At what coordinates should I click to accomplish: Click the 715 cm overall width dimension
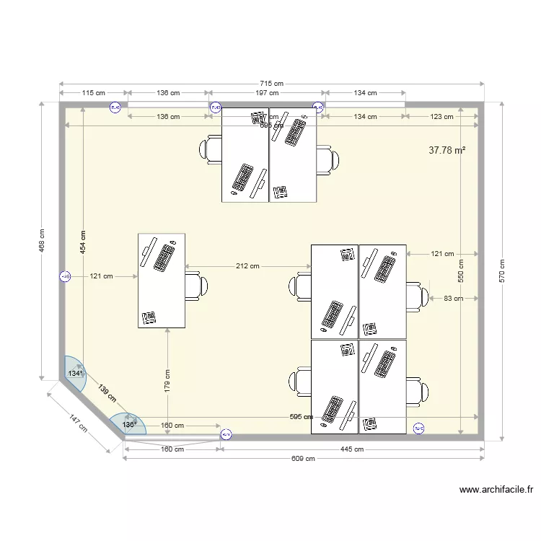click(272, 84)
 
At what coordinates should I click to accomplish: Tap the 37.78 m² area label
click(447, 151)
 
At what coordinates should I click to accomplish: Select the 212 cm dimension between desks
click(247, 266)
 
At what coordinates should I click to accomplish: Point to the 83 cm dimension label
click(453, 298)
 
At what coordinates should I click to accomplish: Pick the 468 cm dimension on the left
click(43, 242)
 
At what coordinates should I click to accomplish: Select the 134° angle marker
click(75, 374)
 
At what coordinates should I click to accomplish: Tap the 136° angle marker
click(128, 425)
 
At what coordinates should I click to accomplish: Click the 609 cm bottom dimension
click(304, 458)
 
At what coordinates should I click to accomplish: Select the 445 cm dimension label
click(352, 449)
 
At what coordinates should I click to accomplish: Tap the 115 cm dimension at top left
click(94, 93)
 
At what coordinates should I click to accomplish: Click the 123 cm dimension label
click(441, 117)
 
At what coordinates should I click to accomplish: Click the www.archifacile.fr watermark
click(496, 490)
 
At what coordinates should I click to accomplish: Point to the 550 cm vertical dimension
click(462, 271)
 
